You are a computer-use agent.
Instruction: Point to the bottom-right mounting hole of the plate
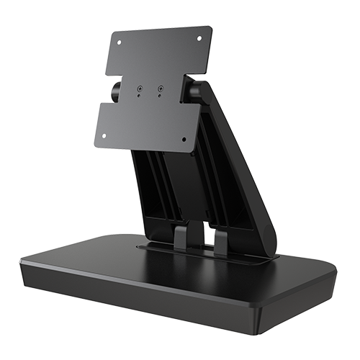click(184, 140)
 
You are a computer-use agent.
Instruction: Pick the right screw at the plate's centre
click(160, 89)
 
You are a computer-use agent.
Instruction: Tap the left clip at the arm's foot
click(180, 238)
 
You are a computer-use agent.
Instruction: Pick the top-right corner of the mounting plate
click(212, 27)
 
